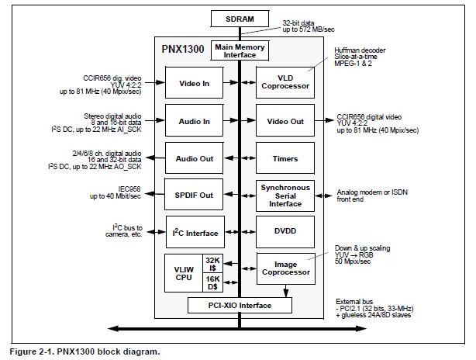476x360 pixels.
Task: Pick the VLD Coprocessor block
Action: [x=285, y=83]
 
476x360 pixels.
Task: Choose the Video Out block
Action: [x=285, y=121]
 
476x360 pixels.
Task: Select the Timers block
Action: [x=285, y=158]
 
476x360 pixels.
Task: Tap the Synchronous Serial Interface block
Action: [x=285, y=196]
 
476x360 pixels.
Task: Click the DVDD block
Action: [x=285, y=233]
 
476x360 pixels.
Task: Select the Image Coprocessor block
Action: [x=285, y=268]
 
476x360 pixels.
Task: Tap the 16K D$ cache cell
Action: [x=211, y=280]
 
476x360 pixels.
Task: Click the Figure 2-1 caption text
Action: [x=85, y=351]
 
